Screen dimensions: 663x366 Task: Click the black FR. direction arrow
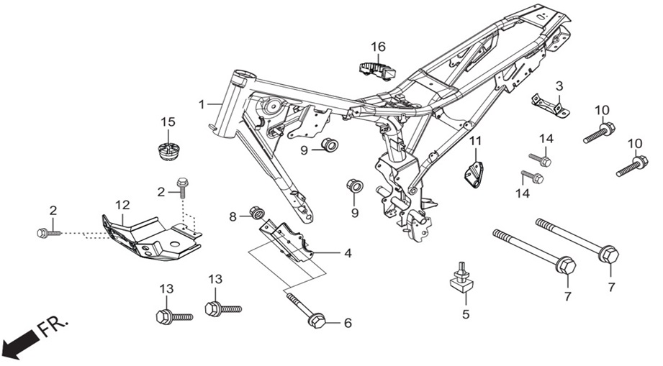19,340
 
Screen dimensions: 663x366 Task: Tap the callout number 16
379,47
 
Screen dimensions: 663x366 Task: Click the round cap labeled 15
168,152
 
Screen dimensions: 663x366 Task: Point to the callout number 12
122,205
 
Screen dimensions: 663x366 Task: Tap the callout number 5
466,314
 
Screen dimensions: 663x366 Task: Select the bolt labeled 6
306,311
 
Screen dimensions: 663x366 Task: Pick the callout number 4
348,253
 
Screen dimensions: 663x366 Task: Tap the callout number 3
559,86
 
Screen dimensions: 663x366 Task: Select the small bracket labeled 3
550,106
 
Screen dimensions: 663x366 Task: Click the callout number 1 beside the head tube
202,104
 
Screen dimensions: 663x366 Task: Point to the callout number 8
233,217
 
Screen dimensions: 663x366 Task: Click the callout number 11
476,140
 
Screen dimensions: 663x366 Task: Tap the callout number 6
348,323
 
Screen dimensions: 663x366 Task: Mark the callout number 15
168,122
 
